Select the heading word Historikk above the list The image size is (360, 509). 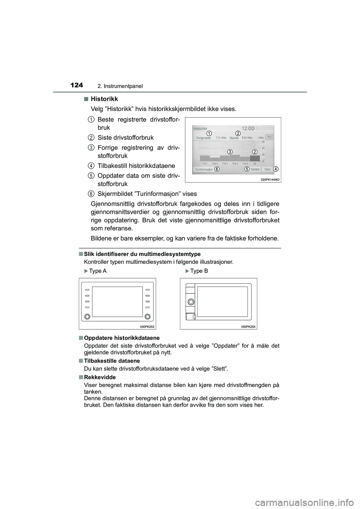[104, 99]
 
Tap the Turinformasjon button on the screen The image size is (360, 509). [204, 169]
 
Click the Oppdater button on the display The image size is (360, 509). [255, 169]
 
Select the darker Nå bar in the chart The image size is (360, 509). [255, 158]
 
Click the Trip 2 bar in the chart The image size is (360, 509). [214, 159]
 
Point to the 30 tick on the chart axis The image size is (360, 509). [263, 142]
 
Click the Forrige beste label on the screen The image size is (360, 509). [203, 138]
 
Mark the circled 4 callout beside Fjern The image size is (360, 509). [276, 169]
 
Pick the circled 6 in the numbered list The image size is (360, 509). [91, 193]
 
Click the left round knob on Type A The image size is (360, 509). [87, 316]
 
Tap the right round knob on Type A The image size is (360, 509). [148, 316]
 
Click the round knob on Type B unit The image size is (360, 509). [190, 302]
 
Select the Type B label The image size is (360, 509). [199, 271]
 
